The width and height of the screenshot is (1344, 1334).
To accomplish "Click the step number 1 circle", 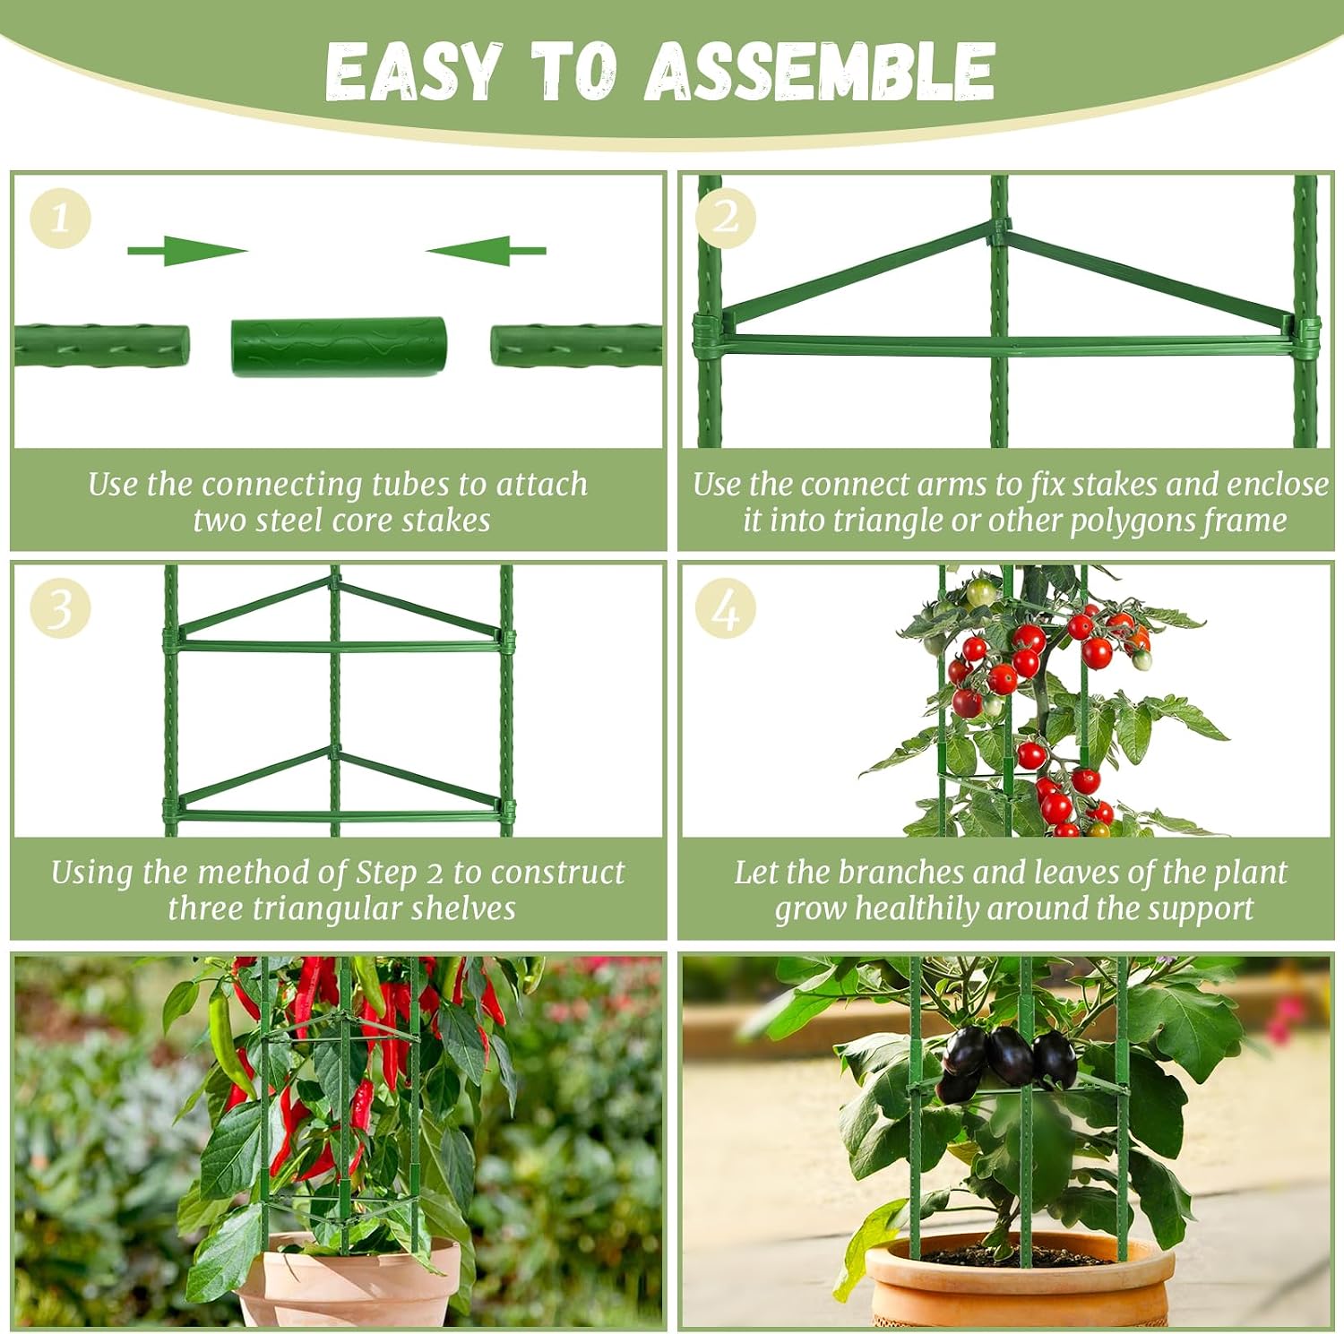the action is [61, 218].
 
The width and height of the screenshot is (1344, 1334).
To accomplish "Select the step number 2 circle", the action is [726, 218].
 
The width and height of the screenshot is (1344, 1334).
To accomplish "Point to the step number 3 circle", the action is [61, 607].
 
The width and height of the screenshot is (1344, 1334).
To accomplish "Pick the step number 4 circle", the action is [726, 607].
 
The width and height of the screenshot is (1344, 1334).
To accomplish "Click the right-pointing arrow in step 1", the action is [187, 251].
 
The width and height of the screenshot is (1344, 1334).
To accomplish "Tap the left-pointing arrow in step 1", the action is [486, 251].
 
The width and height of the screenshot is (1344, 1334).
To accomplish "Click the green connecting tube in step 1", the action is [339, 347].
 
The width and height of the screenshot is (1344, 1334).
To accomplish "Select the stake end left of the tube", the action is [101, 346].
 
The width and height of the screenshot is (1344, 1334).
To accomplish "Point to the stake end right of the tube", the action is [576, 346].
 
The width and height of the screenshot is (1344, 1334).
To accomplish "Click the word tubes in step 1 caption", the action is [410, 485].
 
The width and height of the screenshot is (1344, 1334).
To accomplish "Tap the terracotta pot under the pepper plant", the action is [349, 1280].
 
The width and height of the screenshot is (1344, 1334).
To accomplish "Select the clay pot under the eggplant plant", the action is [1020, 1282].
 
